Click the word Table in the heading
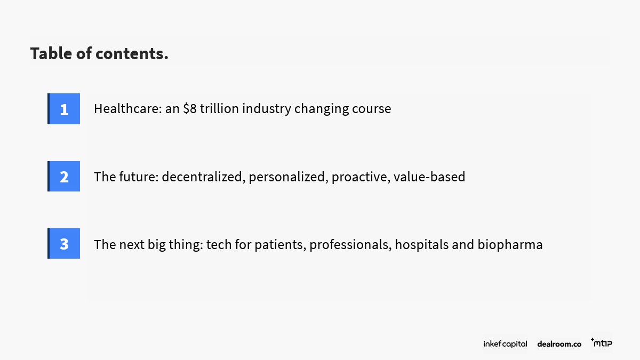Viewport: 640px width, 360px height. [51, 53]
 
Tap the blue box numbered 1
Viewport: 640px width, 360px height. [63, 109]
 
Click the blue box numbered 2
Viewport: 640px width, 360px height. [63, 177]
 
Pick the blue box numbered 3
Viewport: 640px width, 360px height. [63, 243]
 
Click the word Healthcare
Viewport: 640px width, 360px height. [128, 109]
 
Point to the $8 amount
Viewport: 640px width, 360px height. [190, 109]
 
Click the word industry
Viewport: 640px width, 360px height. [267, 109]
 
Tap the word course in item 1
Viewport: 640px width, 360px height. [371, 109]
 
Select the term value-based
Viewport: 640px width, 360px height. [429, 177]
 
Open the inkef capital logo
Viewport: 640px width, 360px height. [505, 343]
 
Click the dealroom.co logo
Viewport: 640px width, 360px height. [559, 344]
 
